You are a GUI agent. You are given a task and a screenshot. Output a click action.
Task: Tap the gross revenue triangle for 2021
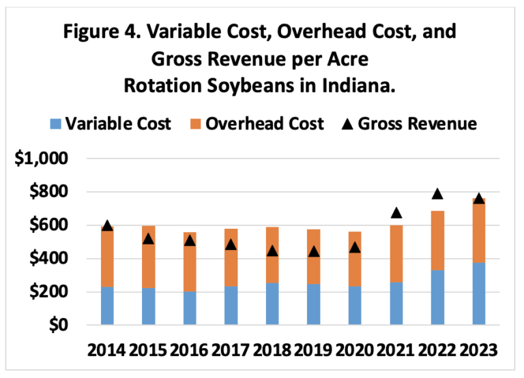(396, 214)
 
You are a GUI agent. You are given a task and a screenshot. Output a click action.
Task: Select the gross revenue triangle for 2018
(272, 251)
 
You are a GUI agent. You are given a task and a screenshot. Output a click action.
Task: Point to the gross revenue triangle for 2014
(107, 225)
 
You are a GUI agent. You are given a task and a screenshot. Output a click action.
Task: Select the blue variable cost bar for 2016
(190, 308)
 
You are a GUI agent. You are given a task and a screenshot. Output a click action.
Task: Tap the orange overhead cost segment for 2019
(314, 257)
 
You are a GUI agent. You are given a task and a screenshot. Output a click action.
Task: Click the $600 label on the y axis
(50, 225)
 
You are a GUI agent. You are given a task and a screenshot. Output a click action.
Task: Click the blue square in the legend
(57, 124)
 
